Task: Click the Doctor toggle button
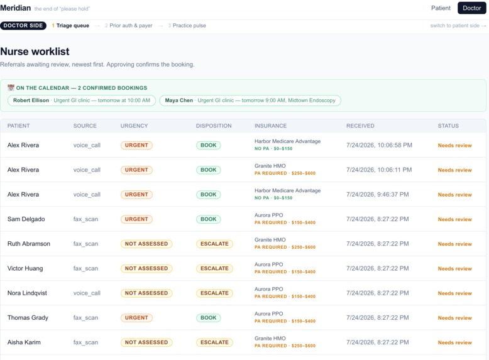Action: (x=471, y=8)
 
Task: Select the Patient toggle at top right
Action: (x=441, y=8)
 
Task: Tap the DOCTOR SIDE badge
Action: (x=23, y=26)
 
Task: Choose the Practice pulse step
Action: (x=187, y=26)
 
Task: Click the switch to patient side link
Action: (x=458, y=26)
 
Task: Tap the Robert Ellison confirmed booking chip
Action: (x=82, y=101)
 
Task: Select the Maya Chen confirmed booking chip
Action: (x=250, y=101)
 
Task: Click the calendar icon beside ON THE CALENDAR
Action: (x=11, y=87)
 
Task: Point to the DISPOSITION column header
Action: (x=214, y=126)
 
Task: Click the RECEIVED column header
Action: (x=360, y=126)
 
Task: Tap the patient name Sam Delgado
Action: (x=26, y=219)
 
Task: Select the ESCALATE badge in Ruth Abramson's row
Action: (x=214, y=244)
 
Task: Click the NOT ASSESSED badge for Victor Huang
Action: (x=146, y=268)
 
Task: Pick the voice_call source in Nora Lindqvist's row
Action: (x=87, y=293)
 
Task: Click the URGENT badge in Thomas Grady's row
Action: (x=136, y=318)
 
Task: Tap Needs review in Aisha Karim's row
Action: (x=454, y=342)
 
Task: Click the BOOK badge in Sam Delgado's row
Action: (x=208, y=219)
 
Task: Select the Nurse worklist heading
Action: (x=35, y=52)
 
